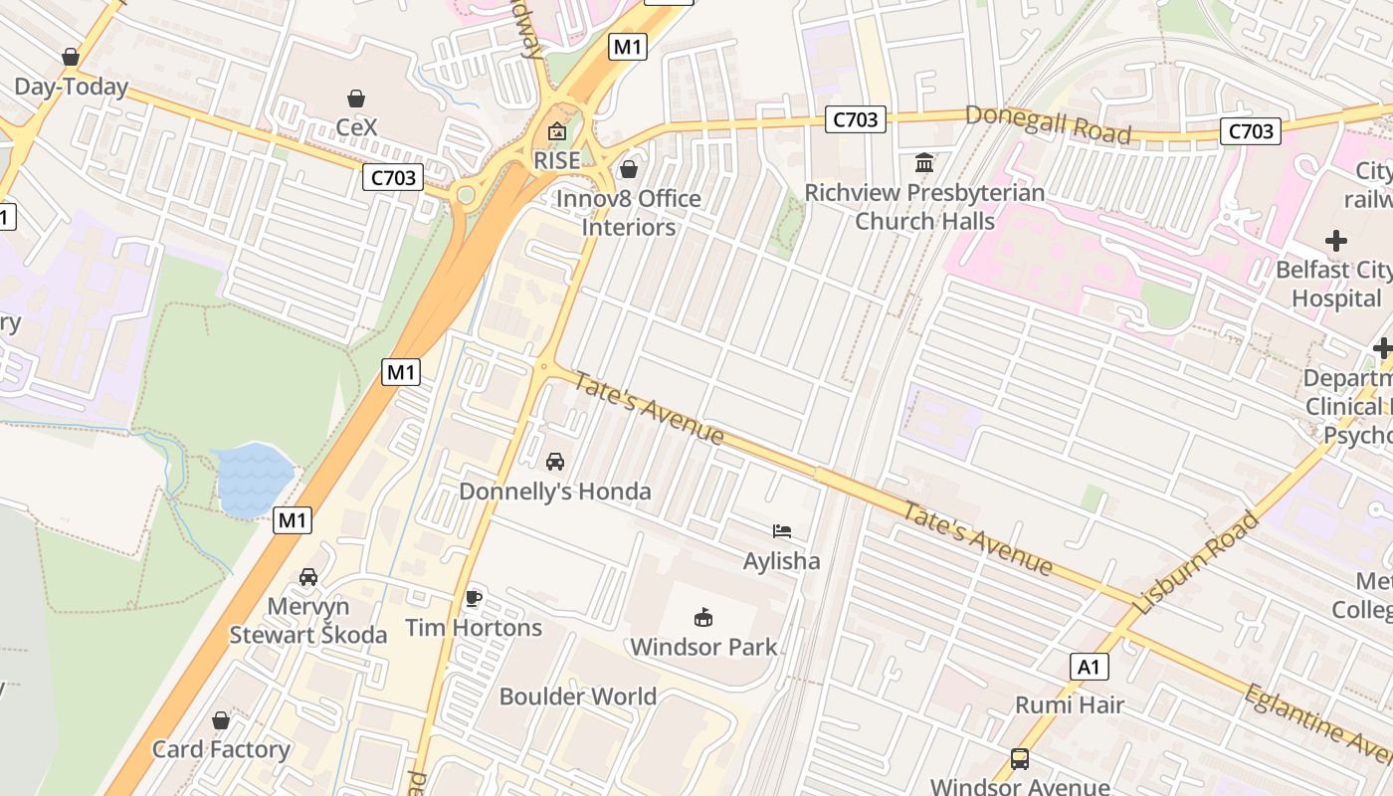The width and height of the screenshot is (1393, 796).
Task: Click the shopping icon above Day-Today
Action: click(70, 57)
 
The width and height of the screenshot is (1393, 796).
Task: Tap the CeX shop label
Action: click(356, 127)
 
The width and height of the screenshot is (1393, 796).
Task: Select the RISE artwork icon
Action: click(556, 131)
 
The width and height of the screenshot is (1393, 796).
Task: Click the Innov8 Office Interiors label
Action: click(628, 213)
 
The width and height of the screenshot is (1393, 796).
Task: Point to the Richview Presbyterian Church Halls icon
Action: click(924, 162)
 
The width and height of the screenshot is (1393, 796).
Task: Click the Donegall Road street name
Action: click(1048, 124)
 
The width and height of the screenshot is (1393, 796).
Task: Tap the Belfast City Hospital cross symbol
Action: click(1335, 241)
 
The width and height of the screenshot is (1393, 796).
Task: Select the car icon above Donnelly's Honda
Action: click(555, 462)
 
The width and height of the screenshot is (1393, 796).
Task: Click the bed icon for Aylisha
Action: click(782, 531)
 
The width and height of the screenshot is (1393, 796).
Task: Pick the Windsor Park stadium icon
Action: click(703, 618)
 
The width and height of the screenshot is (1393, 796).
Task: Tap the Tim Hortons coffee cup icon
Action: click(474, 598)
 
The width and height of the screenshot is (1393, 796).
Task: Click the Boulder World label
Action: click(578, 696)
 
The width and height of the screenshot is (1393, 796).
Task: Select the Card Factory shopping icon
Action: click(221, 720)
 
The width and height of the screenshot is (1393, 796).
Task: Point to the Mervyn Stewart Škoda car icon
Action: click(308, 577)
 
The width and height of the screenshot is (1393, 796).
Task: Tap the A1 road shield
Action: click(1090, 667)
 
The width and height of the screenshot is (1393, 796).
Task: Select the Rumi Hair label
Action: click(1069, 705)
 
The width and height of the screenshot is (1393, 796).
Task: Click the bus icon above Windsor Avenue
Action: click(1020, 759)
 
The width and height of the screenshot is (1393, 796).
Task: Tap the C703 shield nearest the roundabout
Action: click(392, 178)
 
